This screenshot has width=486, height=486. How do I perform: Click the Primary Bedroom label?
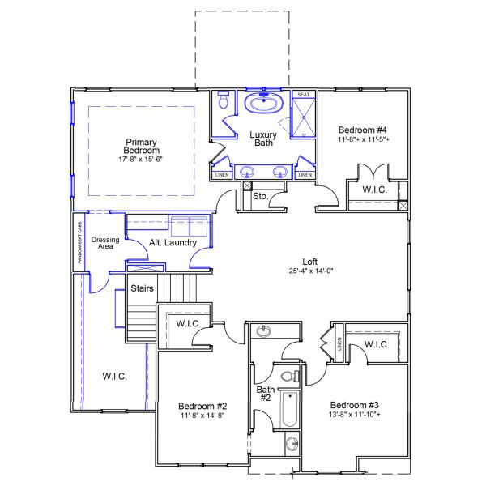(x=142, y=145)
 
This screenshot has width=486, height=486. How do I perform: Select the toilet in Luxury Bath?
(x=222, y=103)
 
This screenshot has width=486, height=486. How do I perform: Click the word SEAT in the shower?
(x=303, y=95)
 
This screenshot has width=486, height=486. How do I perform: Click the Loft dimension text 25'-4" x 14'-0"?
(x=310, y=271)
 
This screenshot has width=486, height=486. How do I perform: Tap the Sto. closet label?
(x=261, y=196)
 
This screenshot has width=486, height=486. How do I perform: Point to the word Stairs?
(x=143, y=288)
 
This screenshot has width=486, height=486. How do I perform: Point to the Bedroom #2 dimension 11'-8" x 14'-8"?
(x=202, y=415)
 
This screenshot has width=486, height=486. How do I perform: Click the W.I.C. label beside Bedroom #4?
(x=373, y=190)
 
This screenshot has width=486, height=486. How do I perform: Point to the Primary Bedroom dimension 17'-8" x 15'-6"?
(x=142, y=160)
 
